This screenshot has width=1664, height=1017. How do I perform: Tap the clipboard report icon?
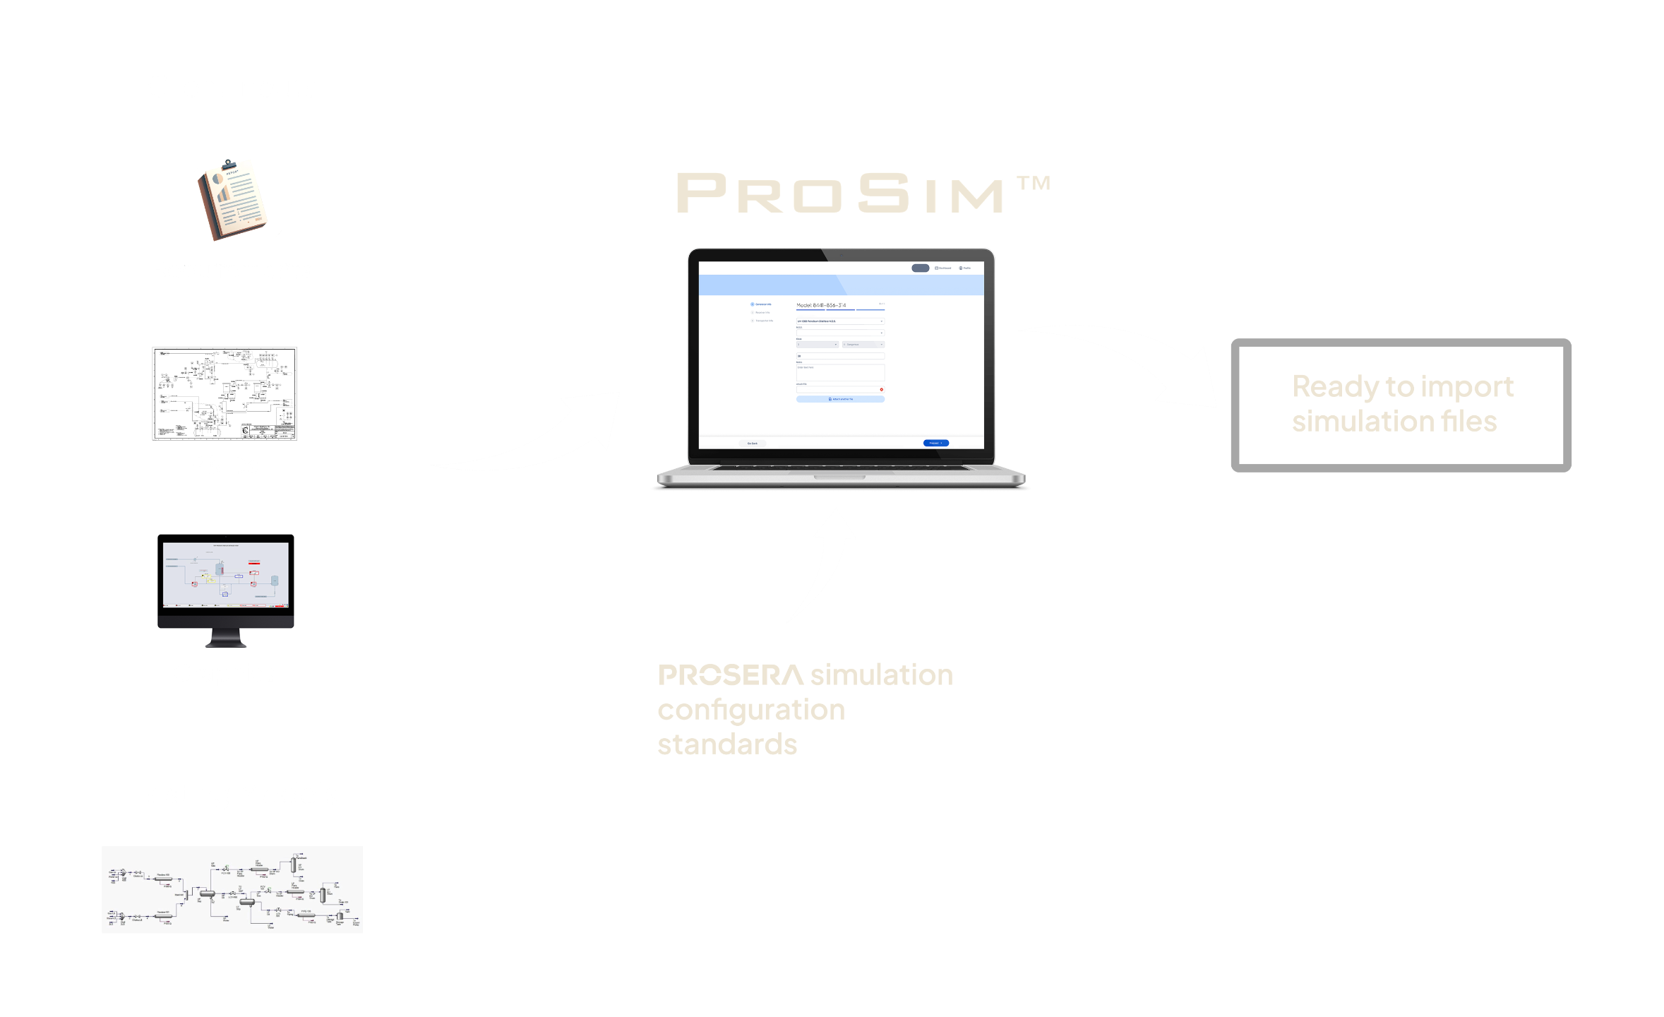tap(231, 200)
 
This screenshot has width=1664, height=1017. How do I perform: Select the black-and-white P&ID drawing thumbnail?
tap(225, 393)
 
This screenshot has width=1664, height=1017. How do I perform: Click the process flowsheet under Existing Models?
tap(232, 889)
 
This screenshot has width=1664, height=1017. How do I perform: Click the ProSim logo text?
tap(840, 194)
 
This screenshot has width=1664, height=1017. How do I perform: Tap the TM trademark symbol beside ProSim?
tap(1034, 184)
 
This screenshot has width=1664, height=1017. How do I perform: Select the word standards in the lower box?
tap(727, 744)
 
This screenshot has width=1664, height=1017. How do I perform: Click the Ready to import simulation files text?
tap(1401, 404)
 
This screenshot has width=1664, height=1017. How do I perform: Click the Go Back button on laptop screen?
tap(753, 444)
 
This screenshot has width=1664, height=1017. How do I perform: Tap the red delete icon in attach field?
tap(881, 389)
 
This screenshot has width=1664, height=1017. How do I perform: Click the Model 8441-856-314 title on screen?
tap(821, 305)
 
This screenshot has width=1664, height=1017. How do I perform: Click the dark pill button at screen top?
tap(920, 268)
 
